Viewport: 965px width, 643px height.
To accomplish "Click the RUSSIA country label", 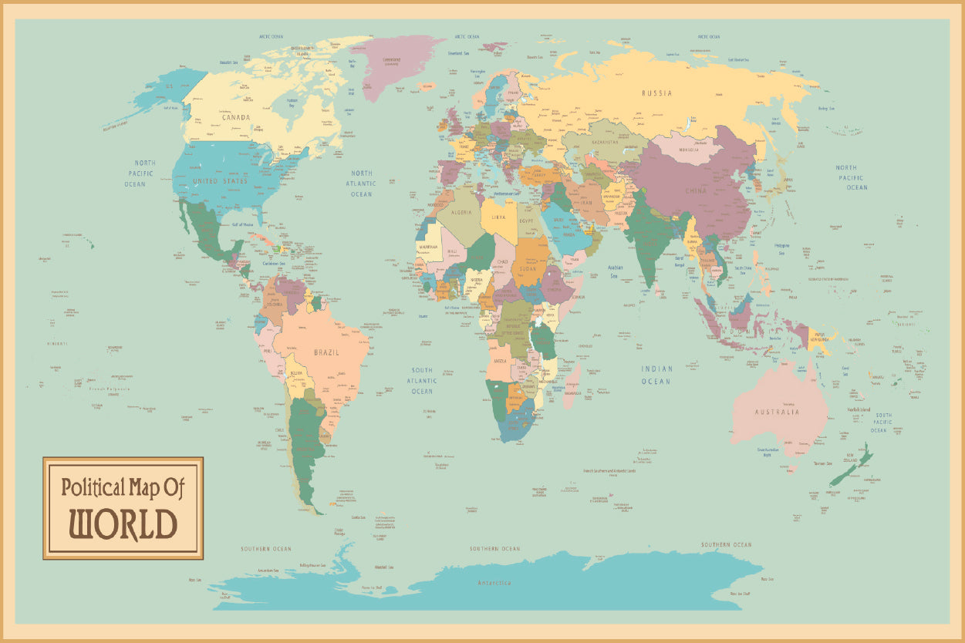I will (x=656, y=93).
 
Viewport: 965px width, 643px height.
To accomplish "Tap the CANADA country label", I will (x=236, y=118).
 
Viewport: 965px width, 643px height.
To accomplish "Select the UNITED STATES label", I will (x=221, y=181).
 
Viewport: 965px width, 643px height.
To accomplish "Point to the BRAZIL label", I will (x=326, y=352).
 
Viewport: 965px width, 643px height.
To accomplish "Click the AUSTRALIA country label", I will (x=777, y=412).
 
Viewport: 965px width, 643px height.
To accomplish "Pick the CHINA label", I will (x=696, y=190).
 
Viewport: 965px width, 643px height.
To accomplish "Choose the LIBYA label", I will (x=500, y=217).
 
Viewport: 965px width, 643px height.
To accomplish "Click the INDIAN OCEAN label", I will (x=656, y=375).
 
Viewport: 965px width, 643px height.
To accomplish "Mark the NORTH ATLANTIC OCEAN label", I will (x=361, y=183).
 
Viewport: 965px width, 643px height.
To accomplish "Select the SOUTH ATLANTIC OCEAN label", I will (x=422, y=381).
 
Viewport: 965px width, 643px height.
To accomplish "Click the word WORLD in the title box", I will (x=123, y=523).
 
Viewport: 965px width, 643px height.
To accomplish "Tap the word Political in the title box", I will (x=93, y=487).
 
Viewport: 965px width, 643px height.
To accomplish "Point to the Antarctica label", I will (x=494, y=583).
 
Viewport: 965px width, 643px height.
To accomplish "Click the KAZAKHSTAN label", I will (x=606, y=143).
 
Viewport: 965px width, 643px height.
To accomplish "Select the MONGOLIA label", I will (x=689, y=150).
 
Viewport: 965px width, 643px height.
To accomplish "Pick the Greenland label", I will (x=391, y=59).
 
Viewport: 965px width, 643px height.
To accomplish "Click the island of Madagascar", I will (x=572, y=387).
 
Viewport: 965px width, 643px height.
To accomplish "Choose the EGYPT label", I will (x=527, y=221).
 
